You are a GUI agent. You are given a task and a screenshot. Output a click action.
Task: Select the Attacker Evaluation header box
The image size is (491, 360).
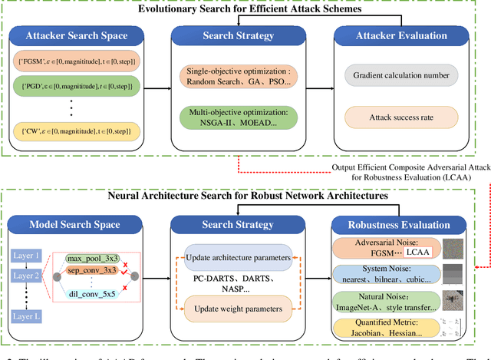405,35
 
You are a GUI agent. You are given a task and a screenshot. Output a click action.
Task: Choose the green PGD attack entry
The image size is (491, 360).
77,84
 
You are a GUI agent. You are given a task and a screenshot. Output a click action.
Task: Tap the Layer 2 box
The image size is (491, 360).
26,276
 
